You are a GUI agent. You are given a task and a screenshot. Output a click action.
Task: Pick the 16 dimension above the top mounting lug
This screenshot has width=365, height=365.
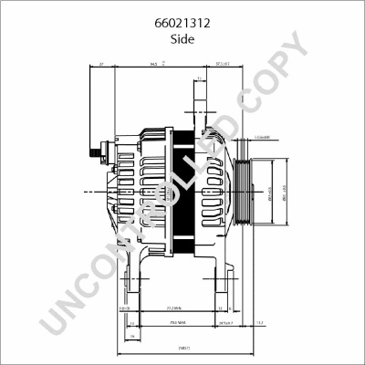[x=199, y=79]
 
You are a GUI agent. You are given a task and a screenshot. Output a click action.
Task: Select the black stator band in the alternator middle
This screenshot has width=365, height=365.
[x=183, y=192]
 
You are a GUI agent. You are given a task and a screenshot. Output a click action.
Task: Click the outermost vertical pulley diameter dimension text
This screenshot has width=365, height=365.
[x=283, y=193]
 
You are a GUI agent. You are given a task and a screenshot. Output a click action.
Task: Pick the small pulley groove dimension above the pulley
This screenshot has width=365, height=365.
[x=261, y=137]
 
